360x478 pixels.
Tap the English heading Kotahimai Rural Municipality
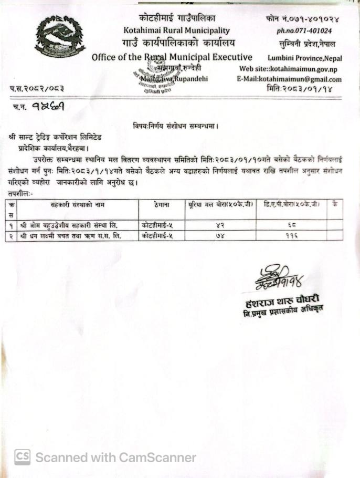pos(176,31)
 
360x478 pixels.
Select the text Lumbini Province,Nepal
pos(304,58)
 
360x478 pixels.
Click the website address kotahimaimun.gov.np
pos(310,69)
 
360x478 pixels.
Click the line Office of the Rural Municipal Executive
pos(172,57)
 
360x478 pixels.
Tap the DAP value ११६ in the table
pos(292,236)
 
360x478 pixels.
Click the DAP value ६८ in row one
pos(292,225)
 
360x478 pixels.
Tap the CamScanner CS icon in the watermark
pos(22,456)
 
